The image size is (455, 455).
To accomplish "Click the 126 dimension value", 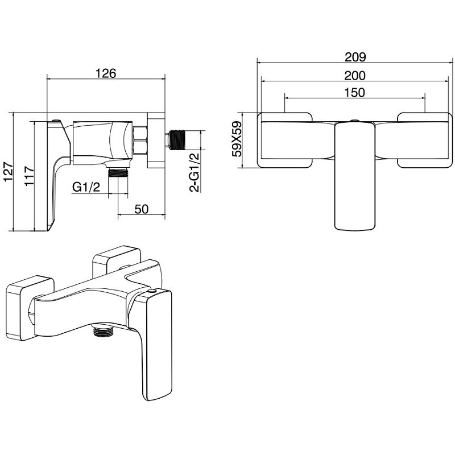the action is point(106,73).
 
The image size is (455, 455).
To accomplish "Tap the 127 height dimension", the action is point(9,172).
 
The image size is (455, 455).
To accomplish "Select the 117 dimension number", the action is point(30,176).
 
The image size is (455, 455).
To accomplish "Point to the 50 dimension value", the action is point(141,209).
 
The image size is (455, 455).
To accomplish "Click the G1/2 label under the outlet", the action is point(86,187).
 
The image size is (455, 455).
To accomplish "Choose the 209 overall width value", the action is point(355,57).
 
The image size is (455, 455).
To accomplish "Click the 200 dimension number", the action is point(355,76).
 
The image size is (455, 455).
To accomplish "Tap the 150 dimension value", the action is point(354,93).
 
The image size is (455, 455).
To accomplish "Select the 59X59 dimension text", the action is point(237,139).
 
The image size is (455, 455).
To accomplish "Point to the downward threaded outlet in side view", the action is point(118,172).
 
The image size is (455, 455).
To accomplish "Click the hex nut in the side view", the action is point(140,140).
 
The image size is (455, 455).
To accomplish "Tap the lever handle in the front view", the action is point(355,176).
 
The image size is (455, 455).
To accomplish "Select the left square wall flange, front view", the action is point(285,140).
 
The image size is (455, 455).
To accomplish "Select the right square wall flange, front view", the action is point(425,140).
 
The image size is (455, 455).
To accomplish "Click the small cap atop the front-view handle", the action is point(354,121).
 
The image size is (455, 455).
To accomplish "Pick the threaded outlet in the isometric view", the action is point(103,332).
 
